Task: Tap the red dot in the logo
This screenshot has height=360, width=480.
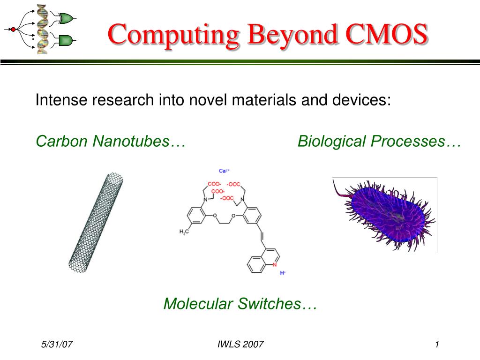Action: tap(13, 30)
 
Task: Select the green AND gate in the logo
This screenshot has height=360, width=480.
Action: tap(65, 40)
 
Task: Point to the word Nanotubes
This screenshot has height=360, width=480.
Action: tap(138, 141)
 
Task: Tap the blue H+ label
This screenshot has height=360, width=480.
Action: tap(283, 273)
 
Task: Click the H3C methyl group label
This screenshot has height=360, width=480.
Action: tap(184, 232)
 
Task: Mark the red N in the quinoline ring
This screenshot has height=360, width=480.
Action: tap(275, 264)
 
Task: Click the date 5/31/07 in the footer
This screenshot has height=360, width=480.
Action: tap(57, 345)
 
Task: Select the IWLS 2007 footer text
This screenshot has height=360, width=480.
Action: tap(240, 345)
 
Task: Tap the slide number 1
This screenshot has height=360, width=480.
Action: tap(436, 345)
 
